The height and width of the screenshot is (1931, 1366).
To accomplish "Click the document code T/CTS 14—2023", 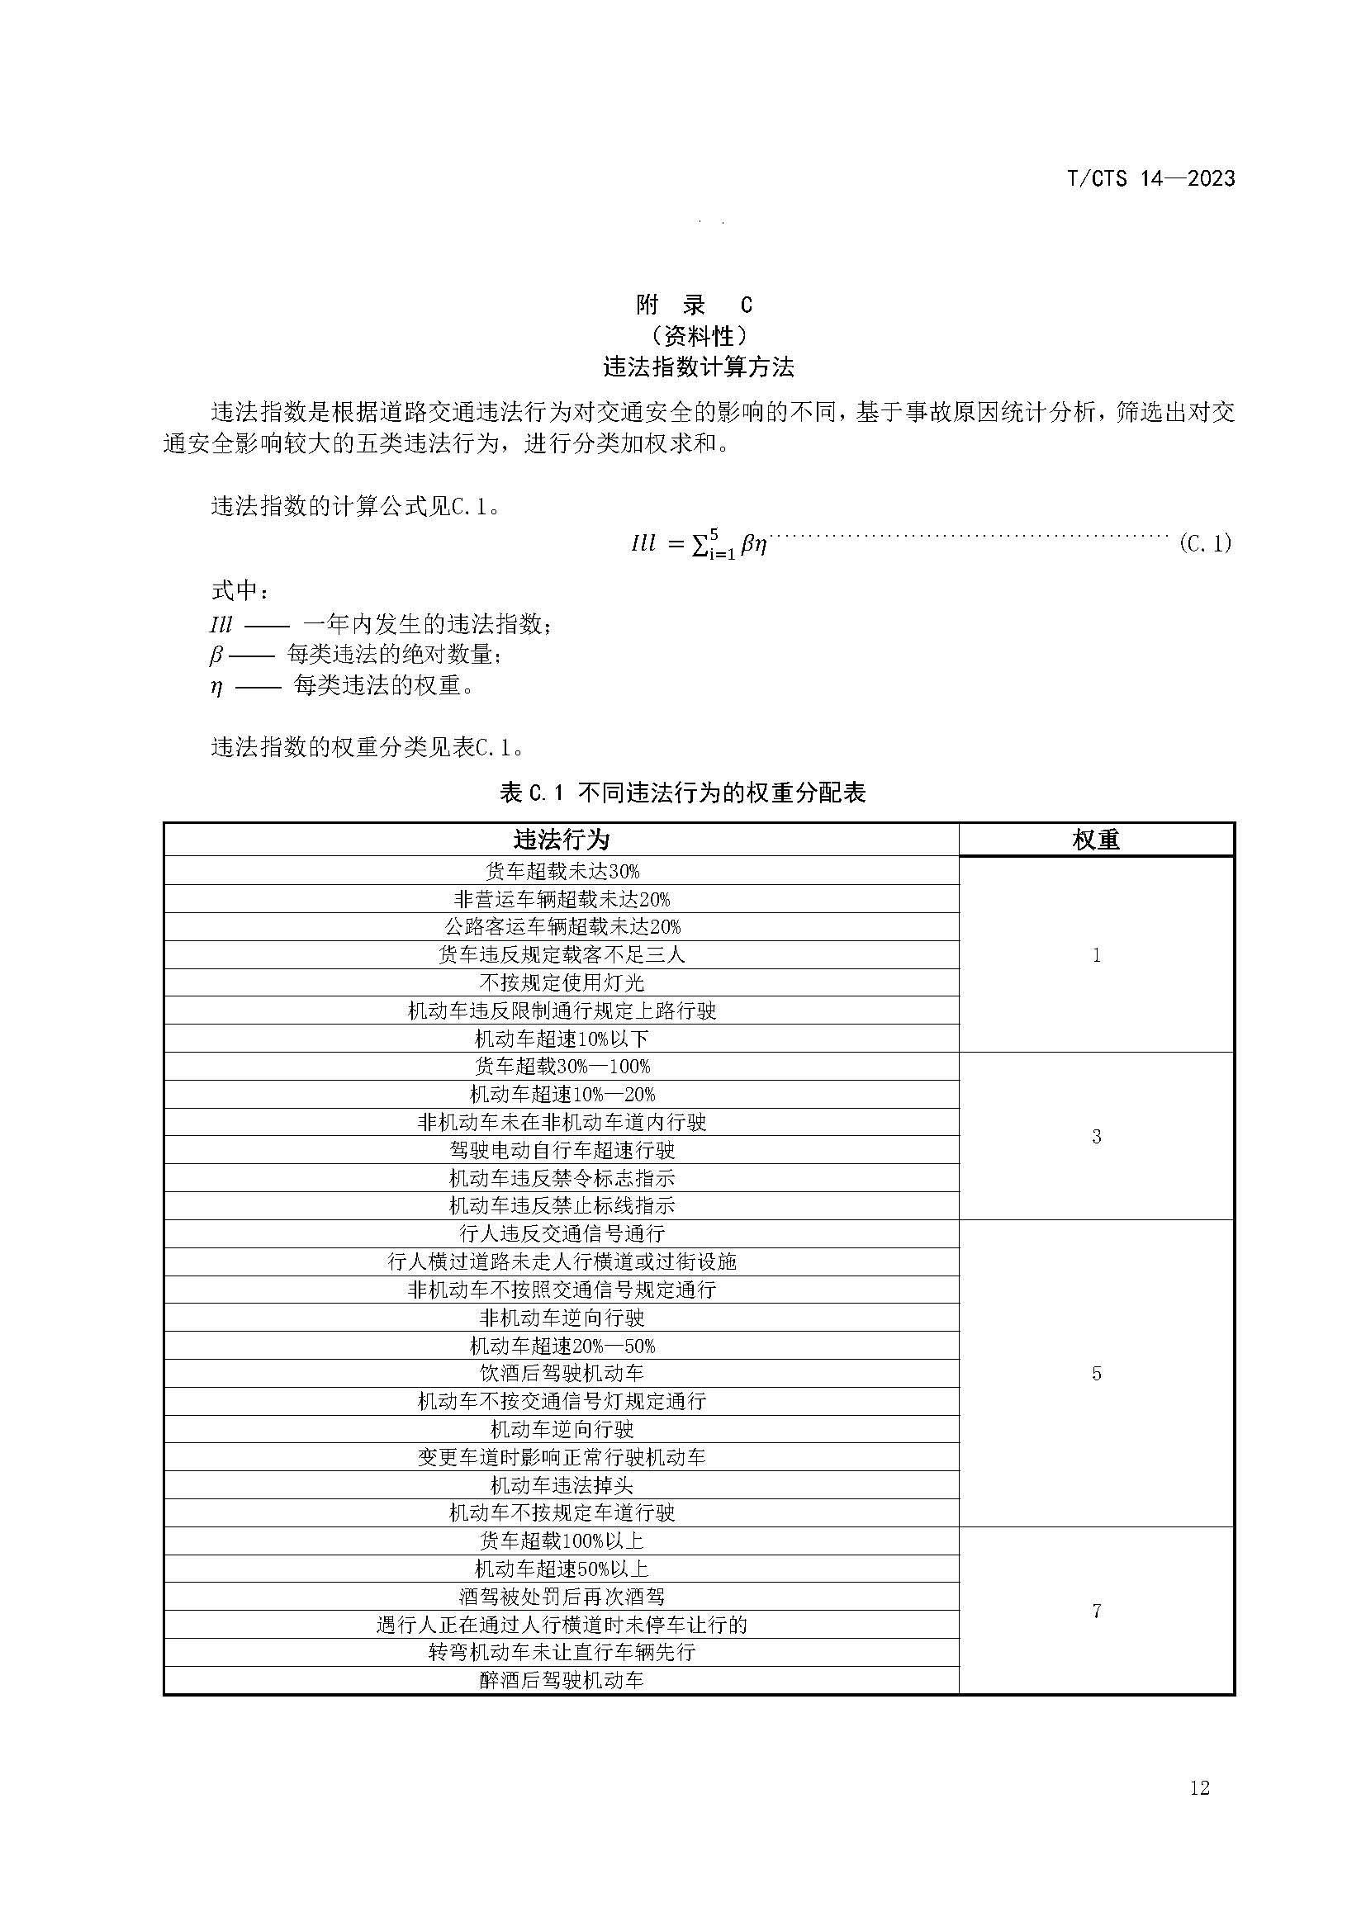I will [1150, 178].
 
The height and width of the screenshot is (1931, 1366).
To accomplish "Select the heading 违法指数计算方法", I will [698, 367].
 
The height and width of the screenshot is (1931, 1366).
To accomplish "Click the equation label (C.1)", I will [1204, 543].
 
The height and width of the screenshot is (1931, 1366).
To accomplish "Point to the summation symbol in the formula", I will [698, 545].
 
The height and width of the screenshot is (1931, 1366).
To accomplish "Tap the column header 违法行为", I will [561, 840].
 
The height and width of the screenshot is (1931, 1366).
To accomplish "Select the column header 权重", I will [1096, 840].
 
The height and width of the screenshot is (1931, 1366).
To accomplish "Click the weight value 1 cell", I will [1096, 954].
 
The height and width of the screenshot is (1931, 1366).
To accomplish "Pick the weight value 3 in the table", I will [1096, 1136].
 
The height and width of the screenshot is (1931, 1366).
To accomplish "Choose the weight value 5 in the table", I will [1096, 1374].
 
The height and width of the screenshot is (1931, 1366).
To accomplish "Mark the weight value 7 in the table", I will [1096, 1611].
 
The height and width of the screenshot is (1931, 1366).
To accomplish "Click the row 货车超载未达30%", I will [561, 870].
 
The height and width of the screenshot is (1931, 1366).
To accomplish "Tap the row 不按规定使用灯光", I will [561, 982].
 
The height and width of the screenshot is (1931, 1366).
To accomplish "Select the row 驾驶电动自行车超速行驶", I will [561, 1150].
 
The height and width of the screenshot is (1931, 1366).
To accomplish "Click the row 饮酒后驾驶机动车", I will [561, 1374].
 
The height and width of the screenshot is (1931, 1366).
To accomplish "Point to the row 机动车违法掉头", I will [561, 1485].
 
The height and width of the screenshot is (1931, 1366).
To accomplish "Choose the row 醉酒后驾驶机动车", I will [561, 1680].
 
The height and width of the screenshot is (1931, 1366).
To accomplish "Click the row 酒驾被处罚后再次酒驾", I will [561, 1597].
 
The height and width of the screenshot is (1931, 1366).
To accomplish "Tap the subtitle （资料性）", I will [698, 336].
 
